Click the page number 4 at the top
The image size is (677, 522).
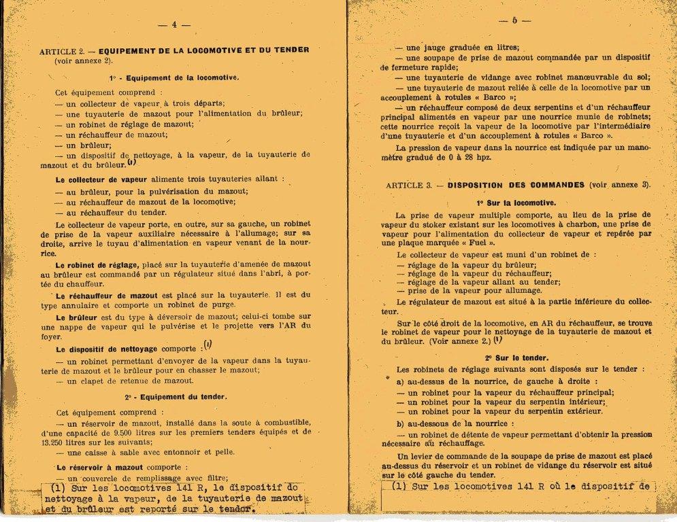point(174,24)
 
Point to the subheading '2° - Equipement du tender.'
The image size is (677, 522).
point(176,396)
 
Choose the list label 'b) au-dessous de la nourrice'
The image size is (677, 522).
point(450,423)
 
